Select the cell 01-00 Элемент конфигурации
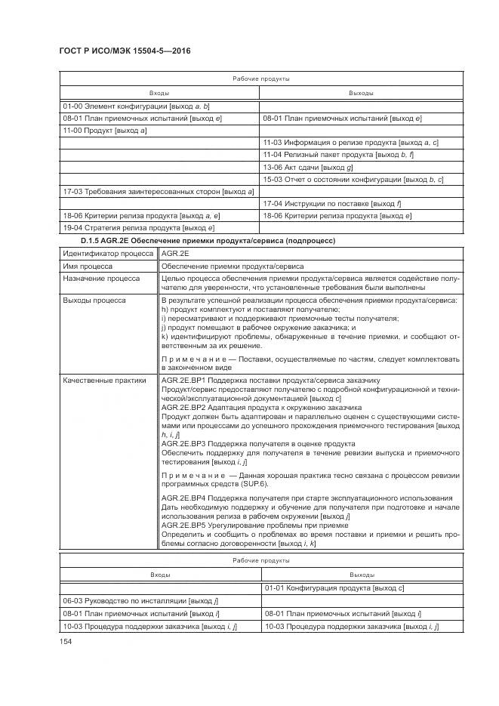(136, 107)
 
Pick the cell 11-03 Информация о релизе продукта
(350, 143)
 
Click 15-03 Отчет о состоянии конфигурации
(353, 179)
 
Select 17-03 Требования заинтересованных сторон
(158, 191)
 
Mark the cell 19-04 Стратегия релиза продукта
(139, 227)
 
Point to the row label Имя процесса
(89, 266)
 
